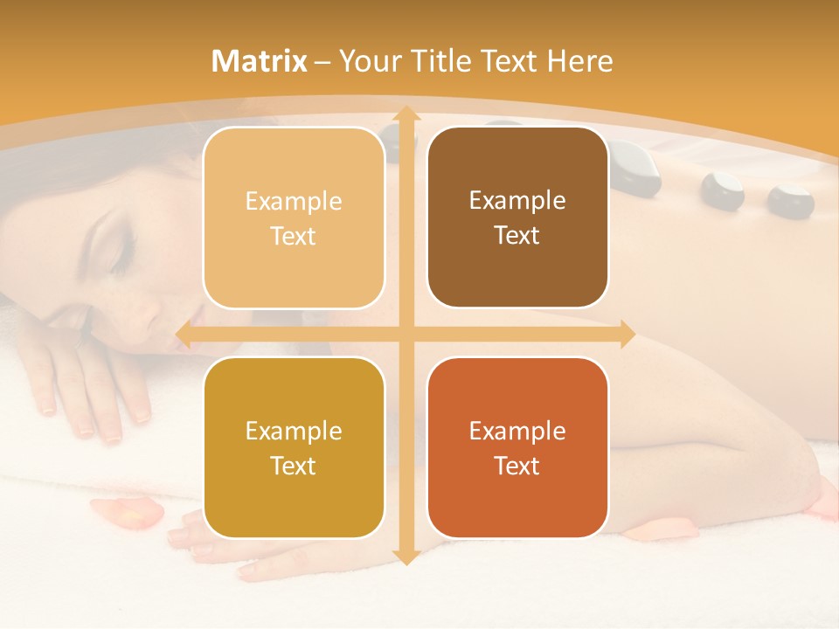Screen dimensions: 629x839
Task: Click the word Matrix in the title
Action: (260, 61)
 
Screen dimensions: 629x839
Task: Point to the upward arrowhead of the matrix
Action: (406, 114)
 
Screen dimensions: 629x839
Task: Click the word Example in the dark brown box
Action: (517, 201)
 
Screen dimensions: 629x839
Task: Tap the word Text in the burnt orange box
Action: (517, 467)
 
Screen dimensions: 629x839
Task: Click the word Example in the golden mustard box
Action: (294, 432)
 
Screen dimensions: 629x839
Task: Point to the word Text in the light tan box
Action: (294, 237)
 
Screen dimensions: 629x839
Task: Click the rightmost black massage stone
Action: (790, 200)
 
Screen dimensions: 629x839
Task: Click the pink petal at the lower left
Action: (127, 514)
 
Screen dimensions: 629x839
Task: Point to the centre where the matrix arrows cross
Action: (406, 334)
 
